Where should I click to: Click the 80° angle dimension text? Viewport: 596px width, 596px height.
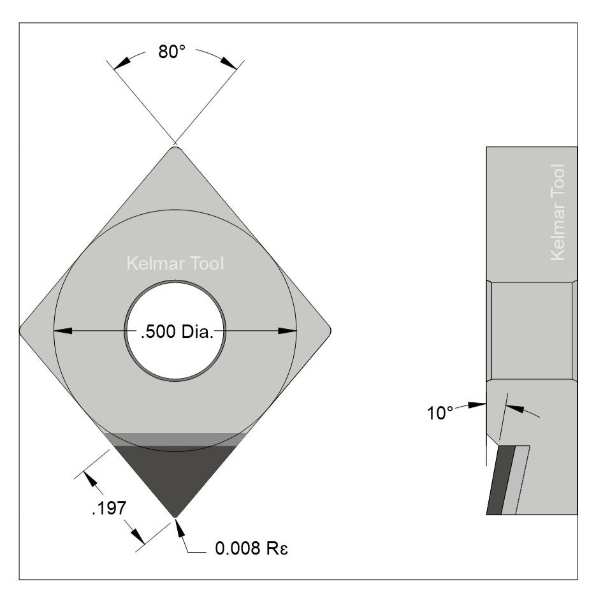[x=171, y=52]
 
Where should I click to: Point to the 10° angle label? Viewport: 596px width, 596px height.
[x=440, y=413]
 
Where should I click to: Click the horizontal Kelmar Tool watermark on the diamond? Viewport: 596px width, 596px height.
[x=175, y=263]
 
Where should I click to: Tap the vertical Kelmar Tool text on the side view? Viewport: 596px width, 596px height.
[x=557, y=212]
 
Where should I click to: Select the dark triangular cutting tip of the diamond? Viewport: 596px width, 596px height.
[x=175, y=475]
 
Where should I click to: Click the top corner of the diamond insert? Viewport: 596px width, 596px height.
[x=175, y=149]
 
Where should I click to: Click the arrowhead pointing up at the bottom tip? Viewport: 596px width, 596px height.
[x=178, y=526]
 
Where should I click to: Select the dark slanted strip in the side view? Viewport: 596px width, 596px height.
[x=497, y=481]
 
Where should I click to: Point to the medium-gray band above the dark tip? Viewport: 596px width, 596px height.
[x=175, y=439]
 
